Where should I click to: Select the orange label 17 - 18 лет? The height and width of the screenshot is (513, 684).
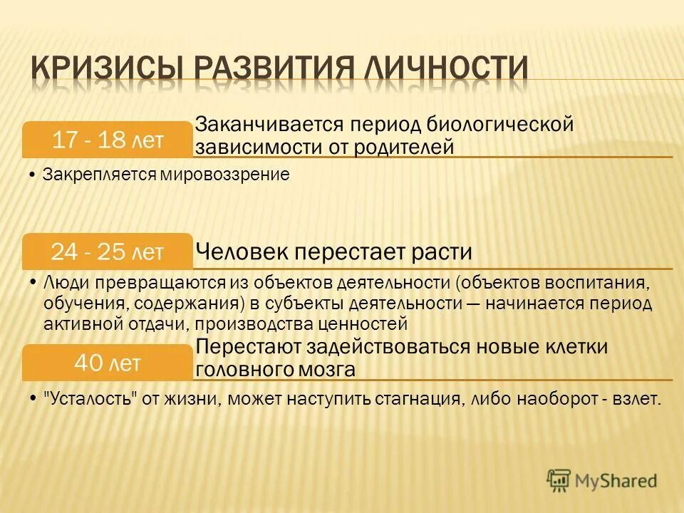tap(108, 140)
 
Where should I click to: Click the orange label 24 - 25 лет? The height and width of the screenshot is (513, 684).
tap(108, 251)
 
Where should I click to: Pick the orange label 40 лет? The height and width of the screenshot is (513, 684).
tap(108, 363)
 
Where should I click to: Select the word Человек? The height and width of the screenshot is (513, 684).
tap(239, 252)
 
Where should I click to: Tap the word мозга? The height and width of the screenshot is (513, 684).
tap(324, 370)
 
